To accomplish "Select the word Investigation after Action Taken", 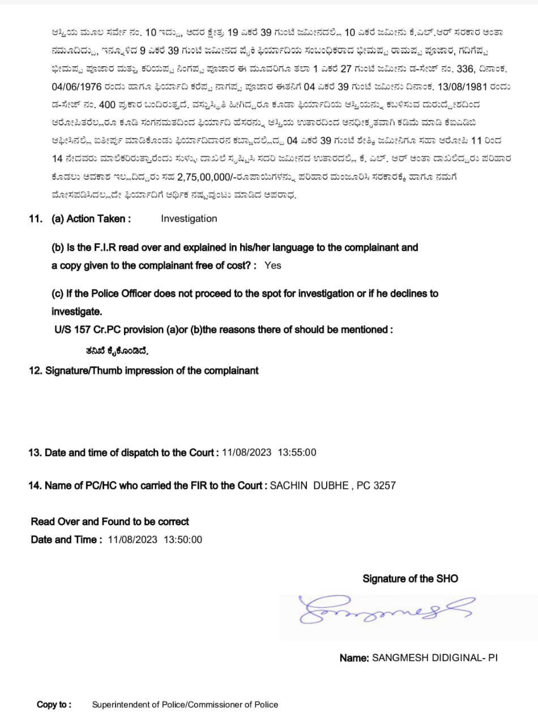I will [189, 219].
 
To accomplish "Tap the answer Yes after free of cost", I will [272, 265].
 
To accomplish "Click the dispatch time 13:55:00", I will [297, 453].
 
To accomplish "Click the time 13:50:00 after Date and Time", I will [182, 540].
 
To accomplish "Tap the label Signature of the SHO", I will [410, 579].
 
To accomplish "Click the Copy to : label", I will [54, 705].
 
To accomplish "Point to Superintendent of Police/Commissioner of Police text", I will [185, 705].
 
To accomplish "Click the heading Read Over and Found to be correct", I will [110, 522].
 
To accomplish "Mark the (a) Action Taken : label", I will [91, 219].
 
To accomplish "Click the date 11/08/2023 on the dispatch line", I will [246, 453].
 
